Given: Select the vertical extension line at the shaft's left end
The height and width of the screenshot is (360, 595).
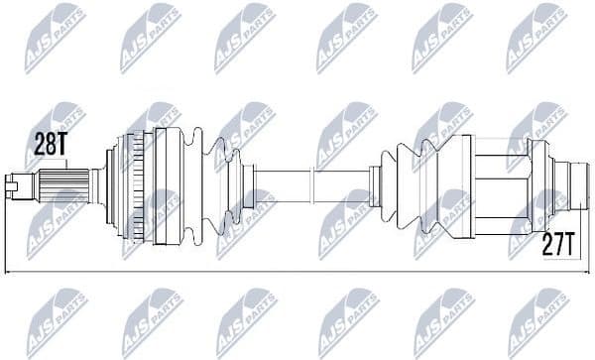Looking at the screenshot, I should coord(6,228).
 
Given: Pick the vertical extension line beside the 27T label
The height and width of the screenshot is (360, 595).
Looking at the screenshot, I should coord(586,228).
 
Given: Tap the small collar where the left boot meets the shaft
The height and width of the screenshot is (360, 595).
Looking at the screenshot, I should coord(247,183).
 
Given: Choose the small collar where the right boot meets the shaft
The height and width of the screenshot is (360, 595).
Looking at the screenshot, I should coord(375,183).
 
